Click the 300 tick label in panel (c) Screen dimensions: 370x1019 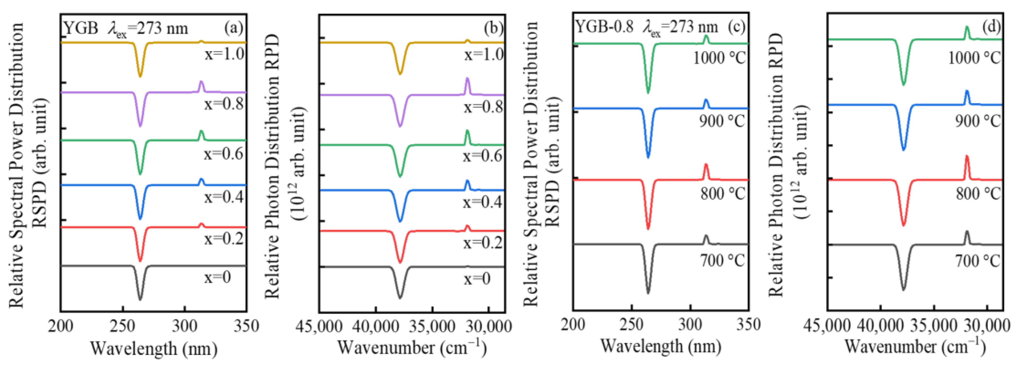(x=690, y=325)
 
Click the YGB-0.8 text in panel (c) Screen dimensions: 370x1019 (x=604, y=27)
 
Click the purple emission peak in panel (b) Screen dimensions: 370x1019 (x=467, y=79)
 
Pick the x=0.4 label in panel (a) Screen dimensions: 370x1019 (x=224, y=197)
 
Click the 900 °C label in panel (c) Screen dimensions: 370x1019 (x=722, y=121)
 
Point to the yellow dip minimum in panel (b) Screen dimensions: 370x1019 (x=400, y=74)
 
